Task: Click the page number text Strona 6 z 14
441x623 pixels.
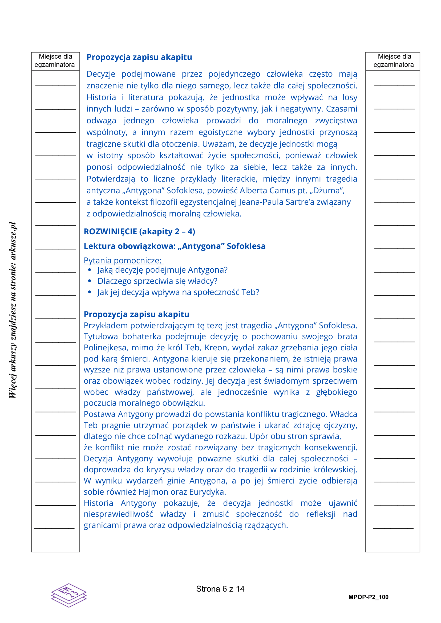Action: [x=220, y=589]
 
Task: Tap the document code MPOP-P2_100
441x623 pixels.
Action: [x=368, y=597]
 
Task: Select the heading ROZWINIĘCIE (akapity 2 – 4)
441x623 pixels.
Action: [x=139, y=231]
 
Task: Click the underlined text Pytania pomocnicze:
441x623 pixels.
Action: [x=123, y=260]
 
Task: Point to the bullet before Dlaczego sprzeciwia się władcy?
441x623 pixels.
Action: [x=90, y=281]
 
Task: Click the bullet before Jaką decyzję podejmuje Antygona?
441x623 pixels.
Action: [x=90, y=270]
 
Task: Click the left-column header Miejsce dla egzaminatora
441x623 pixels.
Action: [x=55, y=60]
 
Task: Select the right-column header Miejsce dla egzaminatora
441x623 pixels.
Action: [x=394, y=60]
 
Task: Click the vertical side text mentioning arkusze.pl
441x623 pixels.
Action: [x=13, y=310]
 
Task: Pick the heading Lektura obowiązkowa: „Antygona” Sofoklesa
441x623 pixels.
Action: [x=174, y=246]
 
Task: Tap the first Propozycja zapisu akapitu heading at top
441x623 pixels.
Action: [x=139, y=57]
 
